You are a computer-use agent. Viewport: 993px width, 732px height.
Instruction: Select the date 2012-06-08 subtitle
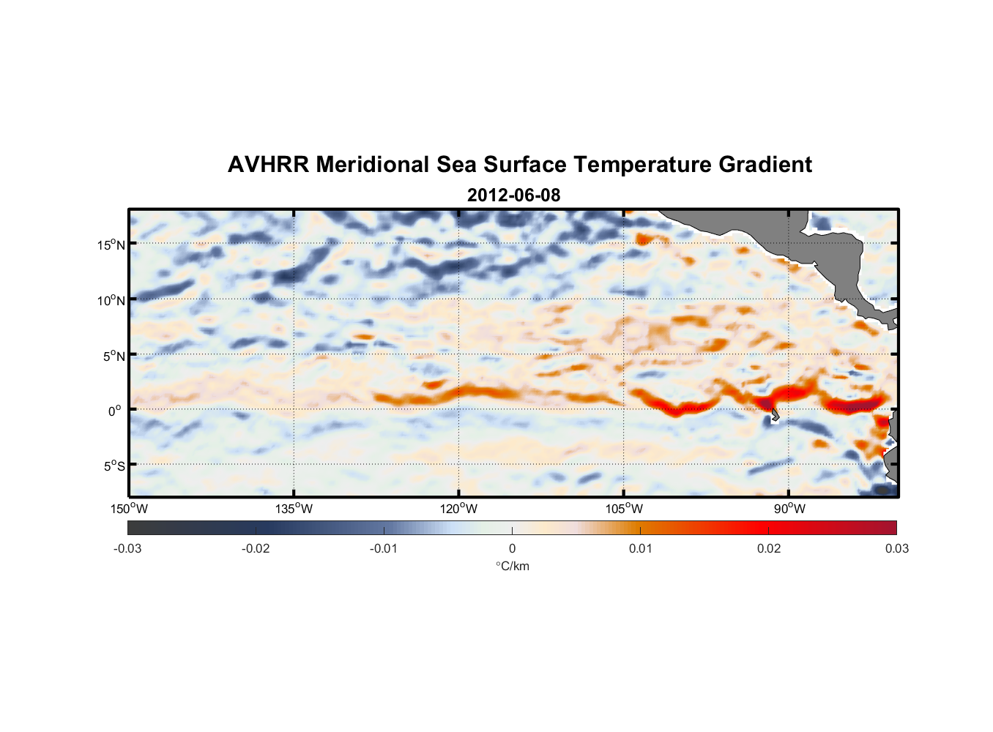click(513, 195)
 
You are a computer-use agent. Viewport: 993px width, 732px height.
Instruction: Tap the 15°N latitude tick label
click(111, 244)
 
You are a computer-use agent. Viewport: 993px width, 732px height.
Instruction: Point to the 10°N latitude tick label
click(111, 300)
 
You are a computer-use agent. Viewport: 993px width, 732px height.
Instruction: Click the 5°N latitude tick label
click(114, 356)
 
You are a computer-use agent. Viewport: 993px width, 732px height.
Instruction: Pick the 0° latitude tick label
click(115, 411)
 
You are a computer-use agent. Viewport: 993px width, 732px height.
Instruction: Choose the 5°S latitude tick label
click(114, 466)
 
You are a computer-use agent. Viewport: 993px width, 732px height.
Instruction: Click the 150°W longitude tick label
click(129, 509)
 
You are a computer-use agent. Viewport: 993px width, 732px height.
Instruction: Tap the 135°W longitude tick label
click(294, 509)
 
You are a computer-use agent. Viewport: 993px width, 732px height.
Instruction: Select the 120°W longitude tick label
click(459, 509)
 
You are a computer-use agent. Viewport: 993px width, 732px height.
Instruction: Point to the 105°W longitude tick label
click(624, 509)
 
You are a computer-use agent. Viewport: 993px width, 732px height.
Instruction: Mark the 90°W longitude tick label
click(789, 509)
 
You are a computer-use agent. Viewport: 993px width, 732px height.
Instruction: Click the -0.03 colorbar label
click(127, 548)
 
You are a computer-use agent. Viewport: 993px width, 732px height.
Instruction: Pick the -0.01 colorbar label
click(384, 548)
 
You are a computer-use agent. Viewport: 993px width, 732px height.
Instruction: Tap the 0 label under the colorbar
click(512, 548)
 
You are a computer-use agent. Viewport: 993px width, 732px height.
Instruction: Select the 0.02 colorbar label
click(769, 548)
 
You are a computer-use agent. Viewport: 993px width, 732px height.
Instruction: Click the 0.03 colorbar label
click(896, 548)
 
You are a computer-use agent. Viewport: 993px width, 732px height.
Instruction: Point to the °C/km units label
click(513, 566)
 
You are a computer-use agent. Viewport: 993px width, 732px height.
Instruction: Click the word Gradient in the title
click(765, 165)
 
